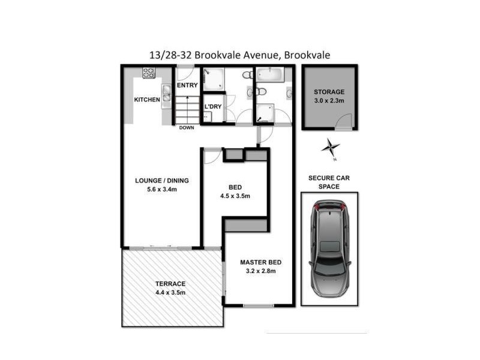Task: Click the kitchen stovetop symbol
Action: (148, 73)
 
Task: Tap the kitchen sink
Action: (167, 95)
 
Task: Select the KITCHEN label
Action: (147, 100)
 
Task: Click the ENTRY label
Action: (187, 85)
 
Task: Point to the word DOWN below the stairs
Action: (187, 128)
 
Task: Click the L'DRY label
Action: (213, 107)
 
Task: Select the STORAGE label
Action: (329, 92)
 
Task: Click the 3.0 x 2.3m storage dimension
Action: (329, 101)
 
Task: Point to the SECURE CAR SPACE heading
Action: (329, 182)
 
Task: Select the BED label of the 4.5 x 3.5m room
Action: (235, 187)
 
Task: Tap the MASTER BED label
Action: (260, 262)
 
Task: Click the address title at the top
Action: (240, 55)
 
